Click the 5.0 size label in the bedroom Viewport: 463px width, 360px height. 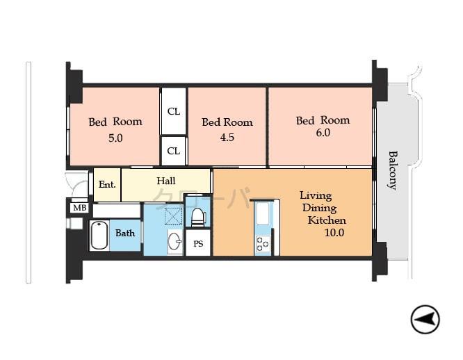115,138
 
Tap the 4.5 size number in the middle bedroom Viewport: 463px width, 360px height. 227,138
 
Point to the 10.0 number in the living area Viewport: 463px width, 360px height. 334,233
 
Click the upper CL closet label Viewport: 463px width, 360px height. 174,110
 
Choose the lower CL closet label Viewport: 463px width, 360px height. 174,150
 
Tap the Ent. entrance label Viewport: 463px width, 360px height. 106,185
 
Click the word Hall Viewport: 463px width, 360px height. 166,181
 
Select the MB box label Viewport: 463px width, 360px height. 79,207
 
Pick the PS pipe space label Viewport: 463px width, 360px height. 198,243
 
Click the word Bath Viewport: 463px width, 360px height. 125,233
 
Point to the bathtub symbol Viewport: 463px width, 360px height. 99,236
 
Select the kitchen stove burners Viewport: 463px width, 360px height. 263,243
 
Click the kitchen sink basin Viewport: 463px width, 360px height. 263,215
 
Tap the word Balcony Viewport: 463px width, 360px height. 392,170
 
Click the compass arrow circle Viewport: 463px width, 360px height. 425,320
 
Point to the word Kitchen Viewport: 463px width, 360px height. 327,220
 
